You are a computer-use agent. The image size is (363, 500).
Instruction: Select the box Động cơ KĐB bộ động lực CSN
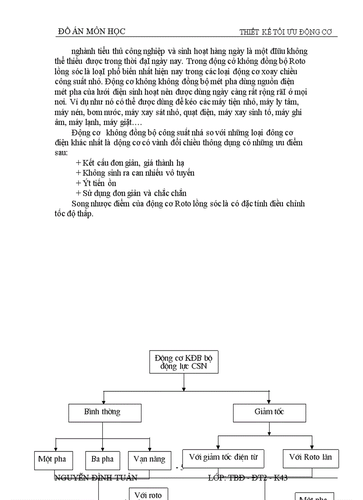(184, 362)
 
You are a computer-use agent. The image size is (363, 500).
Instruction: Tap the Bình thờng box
(105, 412)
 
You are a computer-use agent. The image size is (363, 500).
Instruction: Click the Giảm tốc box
(269, 412)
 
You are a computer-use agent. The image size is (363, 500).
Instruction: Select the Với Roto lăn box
(310, 458)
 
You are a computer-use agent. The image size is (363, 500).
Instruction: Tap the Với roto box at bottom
(148, 494)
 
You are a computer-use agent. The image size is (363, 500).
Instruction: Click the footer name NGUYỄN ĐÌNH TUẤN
(95, 478)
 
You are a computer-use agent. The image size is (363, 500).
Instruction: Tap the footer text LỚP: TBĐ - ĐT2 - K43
(247, 478)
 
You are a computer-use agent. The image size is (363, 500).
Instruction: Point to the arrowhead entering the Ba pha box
(103, 449)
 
